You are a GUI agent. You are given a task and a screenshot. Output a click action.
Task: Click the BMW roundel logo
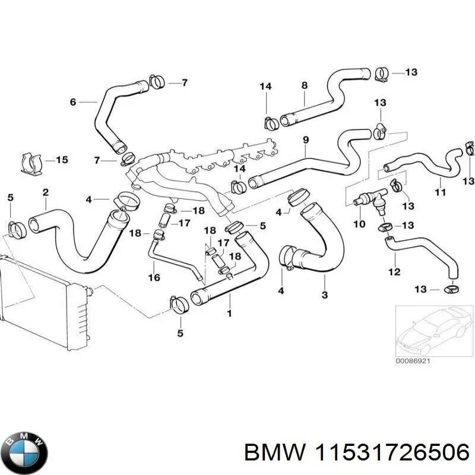click(24, 451)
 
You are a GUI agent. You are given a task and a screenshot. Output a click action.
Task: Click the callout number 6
click(73, 102)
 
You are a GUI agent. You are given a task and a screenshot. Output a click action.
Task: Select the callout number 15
click(62, 160)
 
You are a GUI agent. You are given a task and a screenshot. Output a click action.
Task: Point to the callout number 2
click(45, 192)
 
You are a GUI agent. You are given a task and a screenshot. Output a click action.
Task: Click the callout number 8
click(305, 85)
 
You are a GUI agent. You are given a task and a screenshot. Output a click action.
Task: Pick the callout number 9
click(306, 140)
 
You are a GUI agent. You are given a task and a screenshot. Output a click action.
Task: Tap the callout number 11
click(440, 192)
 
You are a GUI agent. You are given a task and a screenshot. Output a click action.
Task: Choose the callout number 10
click(359, 224)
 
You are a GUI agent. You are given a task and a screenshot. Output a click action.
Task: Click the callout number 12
click(395, 273)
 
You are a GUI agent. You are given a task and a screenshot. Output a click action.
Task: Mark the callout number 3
click(324, 295)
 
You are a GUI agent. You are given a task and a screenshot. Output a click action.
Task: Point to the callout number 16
click(153, 277)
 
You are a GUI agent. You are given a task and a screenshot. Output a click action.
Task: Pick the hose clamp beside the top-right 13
click(382, 74)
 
